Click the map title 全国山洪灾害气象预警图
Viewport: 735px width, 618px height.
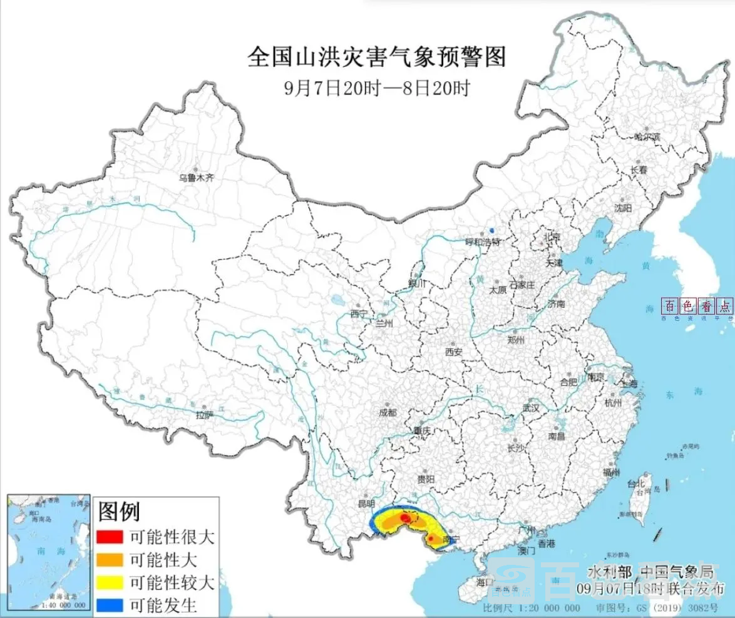pyautogui.click(x=376, y=58)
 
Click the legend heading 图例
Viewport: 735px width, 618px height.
pyautogui.click(x=119, y=512)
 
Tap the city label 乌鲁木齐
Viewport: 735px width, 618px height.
pyautogui.click(x=197, y=178)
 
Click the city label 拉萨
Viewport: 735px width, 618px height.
pyautogui.click(x=205, y=414)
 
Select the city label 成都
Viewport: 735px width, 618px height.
pyautogui.click(x=388, y=412)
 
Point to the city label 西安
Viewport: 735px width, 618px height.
pyautogui.click(x=453, y=352)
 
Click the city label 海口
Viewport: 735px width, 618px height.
pyautogui.click(x=484, y=582)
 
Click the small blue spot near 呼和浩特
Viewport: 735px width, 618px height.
pyautogui.click(x=491, y=230)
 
